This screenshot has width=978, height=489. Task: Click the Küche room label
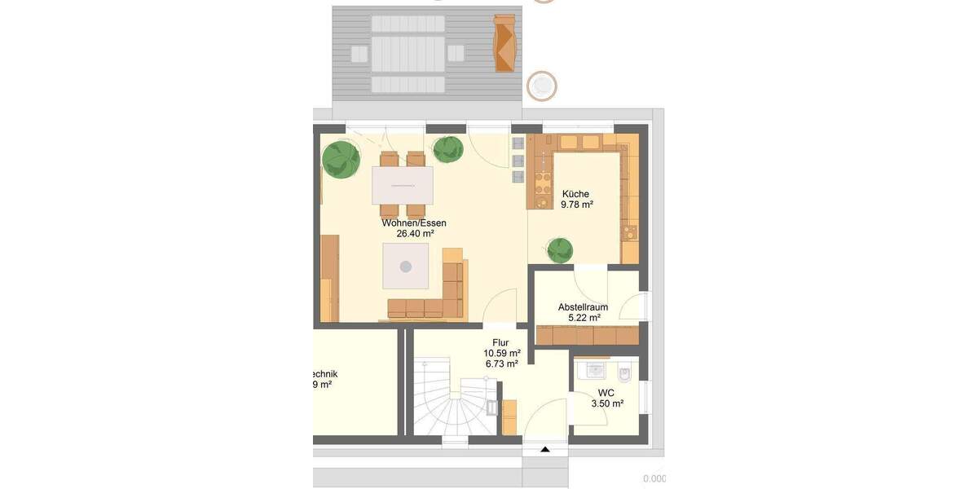tap(575, 194)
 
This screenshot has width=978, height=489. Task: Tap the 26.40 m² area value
tap(415, 233)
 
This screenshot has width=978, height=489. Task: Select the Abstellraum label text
tap(583, 307)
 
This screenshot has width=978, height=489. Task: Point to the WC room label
tap(606, 393)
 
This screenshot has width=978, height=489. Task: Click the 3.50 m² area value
tap(606, 403)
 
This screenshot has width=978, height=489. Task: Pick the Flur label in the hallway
tap(501, 343)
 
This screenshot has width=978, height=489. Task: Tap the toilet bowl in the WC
tap(625, 374)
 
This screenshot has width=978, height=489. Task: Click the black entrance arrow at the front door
tap(544, 449)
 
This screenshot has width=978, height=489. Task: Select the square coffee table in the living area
tap(407, 267)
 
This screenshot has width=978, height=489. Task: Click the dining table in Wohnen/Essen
tap(403, 185)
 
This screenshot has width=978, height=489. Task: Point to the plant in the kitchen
tap(560, 249)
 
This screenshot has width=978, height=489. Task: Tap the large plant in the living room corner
tap(341, 160)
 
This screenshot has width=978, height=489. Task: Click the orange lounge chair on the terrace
tap(505, 44)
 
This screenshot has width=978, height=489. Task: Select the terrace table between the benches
tap(407, 55)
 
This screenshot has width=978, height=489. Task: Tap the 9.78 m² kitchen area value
tap(576, 205)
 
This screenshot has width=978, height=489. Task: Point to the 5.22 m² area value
tap(584, 318)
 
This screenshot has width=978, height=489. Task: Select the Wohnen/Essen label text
tap(414, 222)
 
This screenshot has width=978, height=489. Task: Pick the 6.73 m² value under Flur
tap(501, 364)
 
